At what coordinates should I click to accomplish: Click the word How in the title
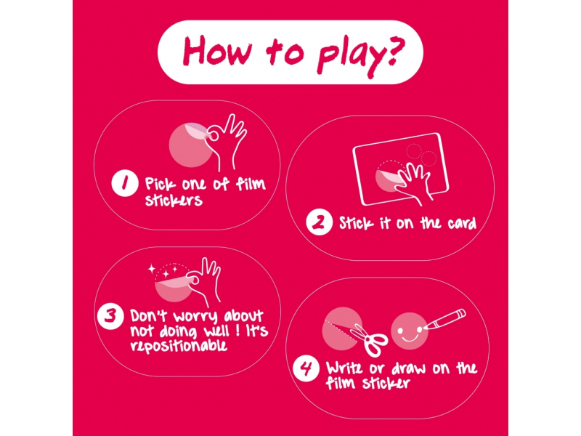tap(216, 51)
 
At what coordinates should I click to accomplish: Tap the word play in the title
tap(351, 56)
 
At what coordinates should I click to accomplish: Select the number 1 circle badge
tap(125, 183)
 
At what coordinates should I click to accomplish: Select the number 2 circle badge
tap(319, 222)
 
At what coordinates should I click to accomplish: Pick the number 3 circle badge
tap(110, 316)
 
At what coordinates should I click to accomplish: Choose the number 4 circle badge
tap(306, 368)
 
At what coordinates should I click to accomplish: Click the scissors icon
tap(369, 340)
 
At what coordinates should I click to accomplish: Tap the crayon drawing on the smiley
tap(444, 318)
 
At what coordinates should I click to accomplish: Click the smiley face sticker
tap(410, 331)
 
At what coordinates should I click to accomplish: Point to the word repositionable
tap(178, 346)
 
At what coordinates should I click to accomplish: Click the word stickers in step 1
tap(174, 199)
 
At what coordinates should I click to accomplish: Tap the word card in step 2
tap(462, 223)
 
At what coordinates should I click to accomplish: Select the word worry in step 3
tap(195, 318)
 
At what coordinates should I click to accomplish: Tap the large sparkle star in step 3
tap(152, 268)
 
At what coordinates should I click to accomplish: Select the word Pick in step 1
tap(160, 184)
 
